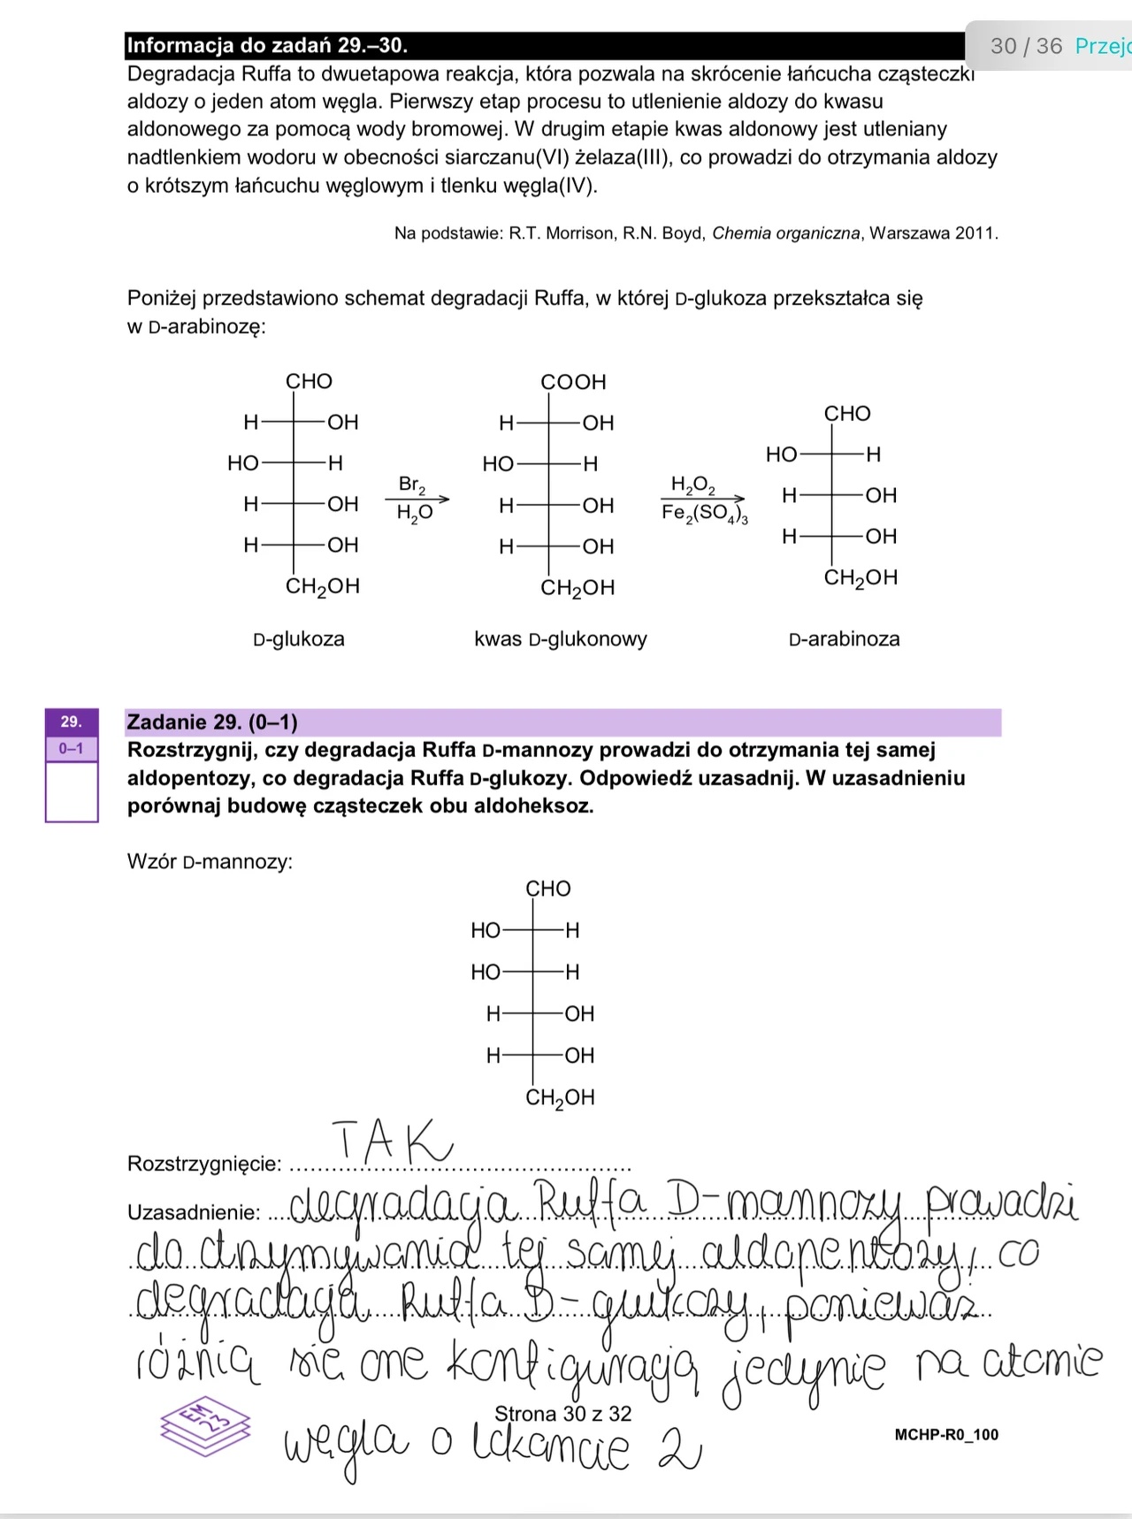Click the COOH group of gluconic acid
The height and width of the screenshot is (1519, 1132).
(573, 382)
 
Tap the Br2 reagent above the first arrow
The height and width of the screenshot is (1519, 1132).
(412, 485)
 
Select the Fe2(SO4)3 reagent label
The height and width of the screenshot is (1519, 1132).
(705, 514)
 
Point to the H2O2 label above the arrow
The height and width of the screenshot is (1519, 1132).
(692, 485)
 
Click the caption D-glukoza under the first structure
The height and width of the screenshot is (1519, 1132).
(299, 638)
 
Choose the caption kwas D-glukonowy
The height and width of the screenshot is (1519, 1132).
(561, 638)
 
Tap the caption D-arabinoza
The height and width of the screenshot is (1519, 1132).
(844, 638)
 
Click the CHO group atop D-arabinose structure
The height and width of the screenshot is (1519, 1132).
(847, 414)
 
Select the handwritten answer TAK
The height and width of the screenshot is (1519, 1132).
(392, 1141)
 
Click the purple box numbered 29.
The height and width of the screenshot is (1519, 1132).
(71, 722)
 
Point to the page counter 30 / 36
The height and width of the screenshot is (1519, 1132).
(1026, 46)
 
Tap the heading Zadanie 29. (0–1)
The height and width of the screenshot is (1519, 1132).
(212, 722)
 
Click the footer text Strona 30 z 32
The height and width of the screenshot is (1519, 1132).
(563, 1414)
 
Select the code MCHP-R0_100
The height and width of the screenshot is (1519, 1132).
(946, 1434)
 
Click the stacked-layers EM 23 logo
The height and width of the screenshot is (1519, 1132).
(204, 1423)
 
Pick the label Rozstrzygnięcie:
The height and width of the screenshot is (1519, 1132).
(204, 1163)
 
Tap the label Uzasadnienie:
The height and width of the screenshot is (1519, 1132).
(194, 1211)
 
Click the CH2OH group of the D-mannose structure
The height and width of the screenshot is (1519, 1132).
(560, 1097)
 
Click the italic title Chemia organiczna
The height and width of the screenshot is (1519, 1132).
(785, 233)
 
